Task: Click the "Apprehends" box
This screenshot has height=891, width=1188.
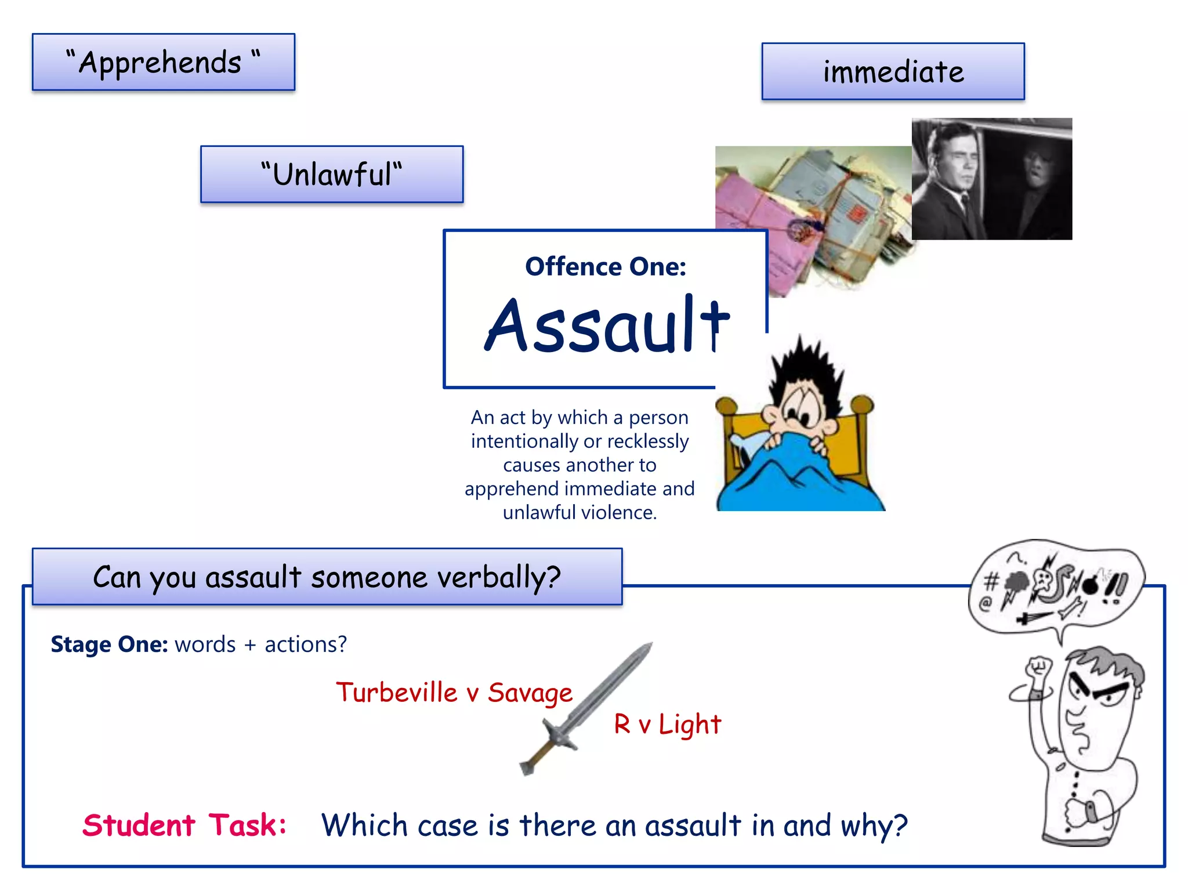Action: [163, 62]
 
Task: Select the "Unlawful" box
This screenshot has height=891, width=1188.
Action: [331, 174]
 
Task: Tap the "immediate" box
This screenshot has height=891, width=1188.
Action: [893, 71]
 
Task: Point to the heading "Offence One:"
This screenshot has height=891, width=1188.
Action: [605, 267]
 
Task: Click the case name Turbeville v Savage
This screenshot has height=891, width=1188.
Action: [454, 693]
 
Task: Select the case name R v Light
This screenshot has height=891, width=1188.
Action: [667, 724]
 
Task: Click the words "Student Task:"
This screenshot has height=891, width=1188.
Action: [184, 825]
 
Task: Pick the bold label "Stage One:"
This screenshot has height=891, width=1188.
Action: [109, 644]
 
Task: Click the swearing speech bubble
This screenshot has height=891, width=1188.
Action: [1056, 586]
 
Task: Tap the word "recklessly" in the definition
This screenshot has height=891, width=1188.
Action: [647, 441]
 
